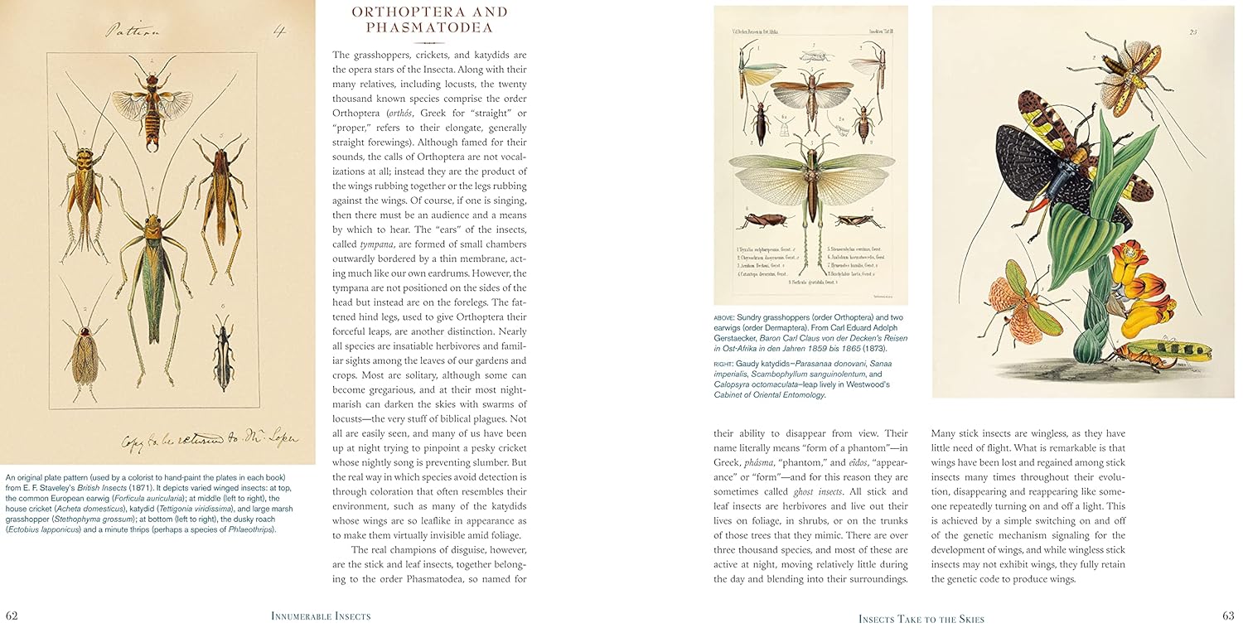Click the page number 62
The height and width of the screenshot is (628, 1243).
click(12, 616)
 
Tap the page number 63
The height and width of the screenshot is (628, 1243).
click(1228, 616)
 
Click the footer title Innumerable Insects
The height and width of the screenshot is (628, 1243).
click(321, 616)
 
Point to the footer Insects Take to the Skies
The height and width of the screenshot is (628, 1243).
click(921, 619)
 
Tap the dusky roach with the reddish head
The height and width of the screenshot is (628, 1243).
click(85, 348)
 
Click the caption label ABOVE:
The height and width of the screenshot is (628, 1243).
click(727, 317)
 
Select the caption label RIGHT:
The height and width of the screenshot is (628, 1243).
click(726, 363)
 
